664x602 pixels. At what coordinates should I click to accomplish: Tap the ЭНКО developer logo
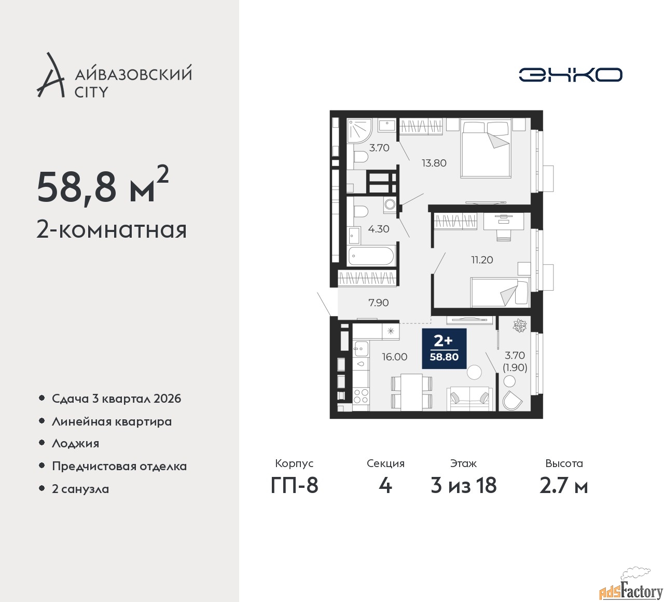click(570, 75)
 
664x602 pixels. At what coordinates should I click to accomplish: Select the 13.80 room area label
click(434, 163)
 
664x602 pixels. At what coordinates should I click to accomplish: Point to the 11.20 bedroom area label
click(482, 260)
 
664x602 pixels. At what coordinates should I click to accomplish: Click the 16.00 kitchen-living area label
click(395, 357)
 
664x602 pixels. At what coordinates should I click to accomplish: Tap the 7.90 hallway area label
click(378, 303)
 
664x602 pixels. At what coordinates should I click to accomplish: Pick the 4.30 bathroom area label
click(379, 229)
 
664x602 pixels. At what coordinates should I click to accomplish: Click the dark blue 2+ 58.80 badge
click(444, 349)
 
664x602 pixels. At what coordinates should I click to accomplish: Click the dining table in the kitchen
click(411, 392)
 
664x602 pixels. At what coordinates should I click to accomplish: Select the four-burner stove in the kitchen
click(361, 396)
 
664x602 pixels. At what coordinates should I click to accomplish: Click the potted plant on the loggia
click(519, 325)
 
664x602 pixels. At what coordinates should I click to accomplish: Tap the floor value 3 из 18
click(463, 486)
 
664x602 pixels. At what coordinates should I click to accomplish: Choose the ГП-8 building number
click(294, 486)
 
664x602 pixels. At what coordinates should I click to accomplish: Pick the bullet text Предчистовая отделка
click(119, 466)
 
